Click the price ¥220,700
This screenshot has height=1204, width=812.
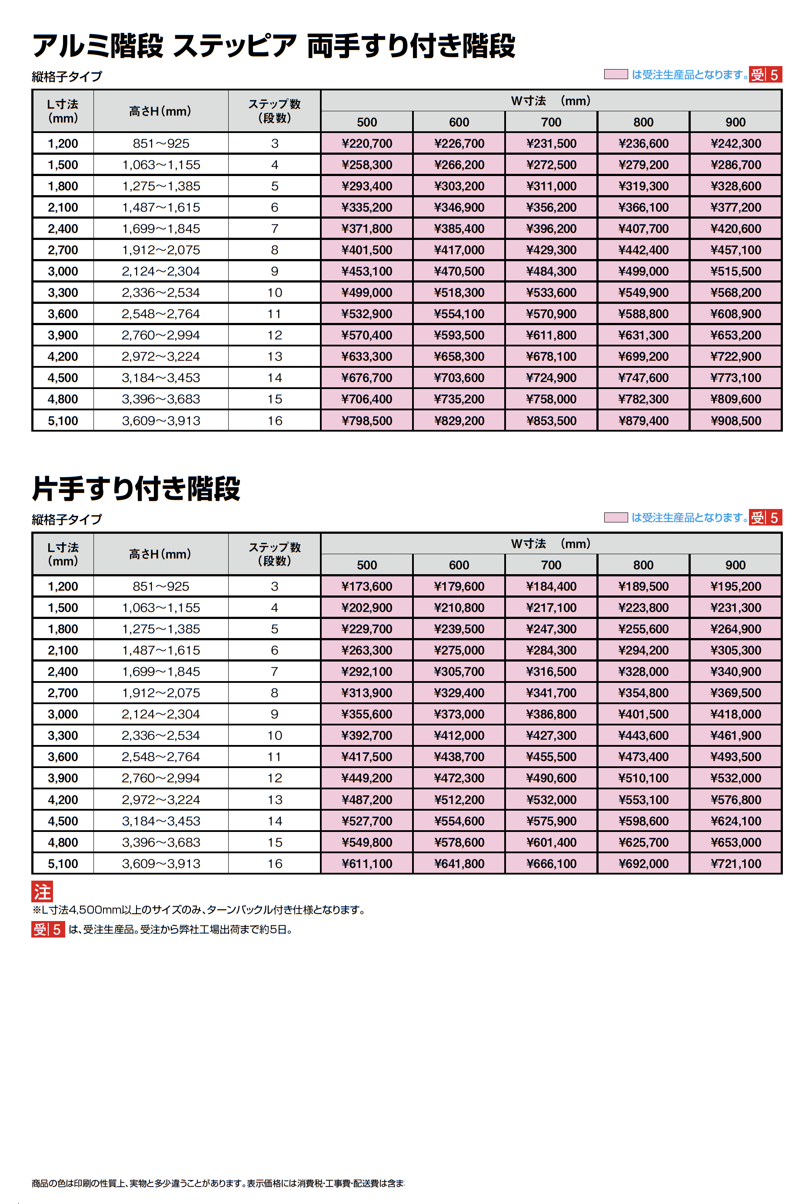366,143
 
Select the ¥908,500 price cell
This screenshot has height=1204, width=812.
735,420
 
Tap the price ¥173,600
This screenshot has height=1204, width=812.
366,586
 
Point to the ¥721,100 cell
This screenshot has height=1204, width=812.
735,863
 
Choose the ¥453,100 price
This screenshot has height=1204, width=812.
366,271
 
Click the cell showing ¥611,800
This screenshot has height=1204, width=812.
551,335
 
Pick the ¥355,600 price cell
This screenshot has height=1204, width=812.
366,714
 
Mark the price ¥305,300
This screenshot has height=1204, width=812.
735,650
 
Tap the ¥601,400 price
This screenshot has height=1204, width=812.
551,842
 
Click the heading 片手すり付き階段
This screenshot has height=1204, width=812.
136,488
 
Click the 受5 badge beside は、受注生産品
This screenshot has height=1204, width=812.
48,930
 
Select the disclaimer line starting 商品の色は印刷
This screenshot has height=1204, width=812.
217,1183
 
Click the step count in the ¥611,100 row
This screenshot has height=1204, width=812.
274,863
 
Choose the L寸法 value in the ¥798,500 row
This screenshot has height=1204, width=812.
63,420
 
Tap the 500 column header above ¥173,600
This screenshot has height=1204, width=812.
366,565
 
